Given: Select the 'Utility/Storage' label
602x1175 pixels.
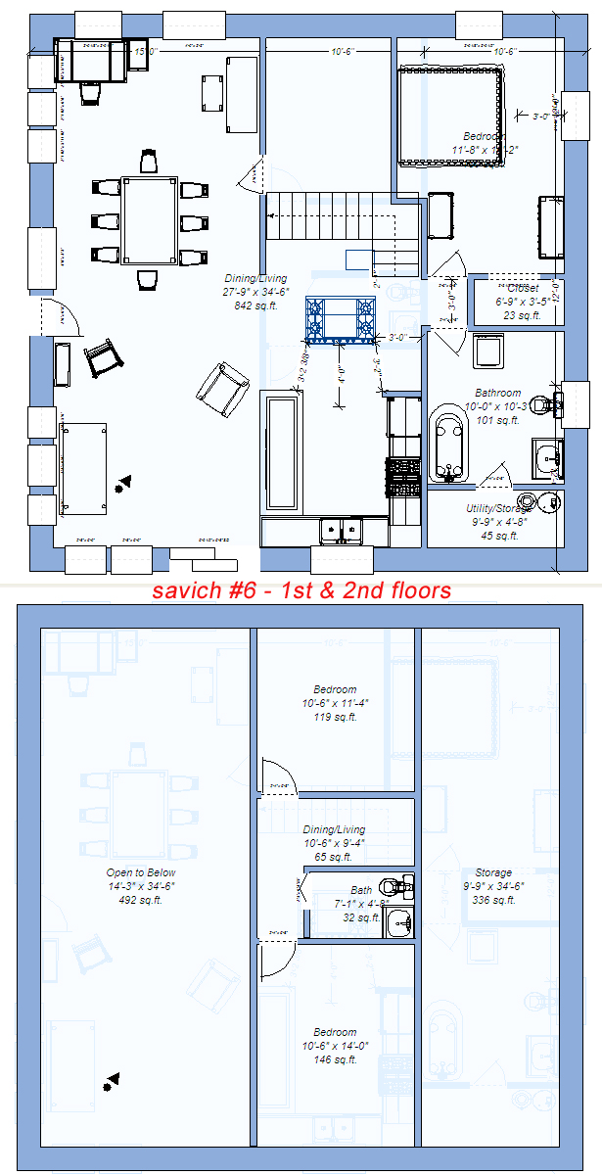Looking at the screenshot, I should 499,508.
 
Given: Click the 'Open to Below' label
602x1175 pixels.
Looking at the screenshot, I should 141,872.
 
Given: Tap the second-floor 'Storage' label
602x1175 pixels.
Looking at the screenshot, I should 492,872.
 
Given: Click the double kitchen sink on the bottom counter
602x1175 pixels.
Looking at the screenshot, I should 341,530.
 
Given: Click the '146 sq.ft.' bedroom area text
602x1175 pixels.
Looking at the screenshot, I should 335,1059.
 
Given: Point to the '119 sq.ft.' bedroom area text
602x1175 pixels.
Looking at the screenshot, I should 335,717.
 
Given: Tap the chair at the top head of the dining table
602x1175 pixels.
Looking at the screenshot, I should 148,161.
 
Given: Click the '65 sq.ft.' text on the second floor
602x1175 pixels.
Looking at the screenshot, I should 334,857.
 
